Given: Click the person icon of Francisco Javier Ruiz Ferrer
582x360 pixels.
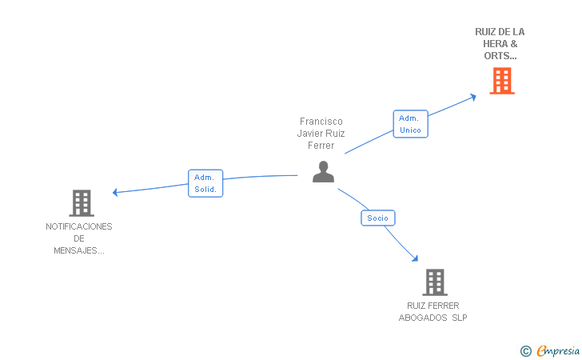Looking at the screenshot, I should click(323, 172).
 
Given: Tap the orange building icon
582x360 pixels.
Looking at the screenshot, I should click(501, 81).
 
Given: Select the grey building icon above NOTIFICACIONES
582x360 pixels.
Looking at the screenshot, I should click(82, 203).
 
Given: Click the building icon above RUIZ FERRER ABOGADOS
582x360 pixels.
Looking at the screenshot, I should click(434, 282).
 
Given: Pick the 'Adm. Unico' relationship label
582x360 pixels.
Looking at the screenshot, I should click(410, 124).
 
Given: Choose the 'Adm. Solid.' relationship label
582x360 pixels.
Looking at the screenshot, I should click(205, 183).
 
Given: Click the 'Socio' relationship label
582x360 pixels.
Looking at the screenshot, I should click(378, 218).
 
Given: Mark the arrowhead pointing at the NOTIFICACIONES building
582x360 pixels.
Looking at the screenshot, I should click(116, 192).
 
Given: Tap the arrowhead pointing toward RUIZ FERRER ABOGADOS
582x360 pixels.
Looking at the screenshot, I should click(414, 258).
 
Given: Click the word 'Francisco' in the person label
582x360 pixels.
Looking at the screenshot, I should click(321, 122).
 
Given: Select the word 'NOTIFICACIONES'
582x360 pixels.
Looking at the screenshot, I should click(79, 226).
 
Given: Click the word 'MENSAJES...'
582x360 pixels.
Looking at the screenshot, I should click(79, 250).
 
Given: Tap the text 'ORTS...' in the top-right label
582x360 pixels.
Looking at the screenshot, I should click(500, 56).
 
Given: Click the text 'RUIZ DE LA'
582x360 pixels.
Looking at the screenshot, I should click(500, 32).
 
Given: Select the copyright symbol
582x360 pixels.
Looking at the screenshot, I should click(525, 350).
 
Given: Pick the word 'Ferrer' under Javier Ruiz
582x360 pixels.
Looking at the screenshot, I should click(321, 146).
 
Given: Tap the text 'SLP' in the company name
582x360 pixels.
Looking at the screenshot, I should click(459, 318).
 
